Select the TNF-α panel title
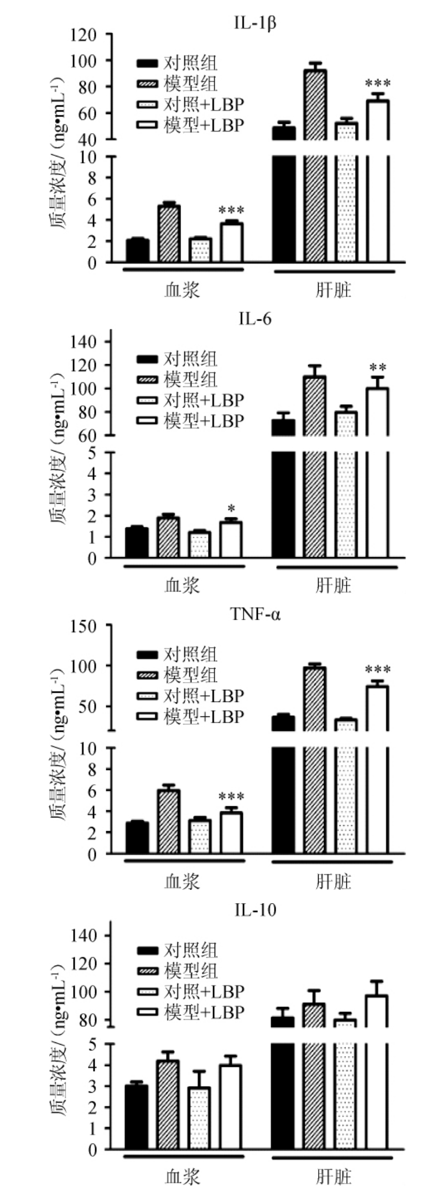point(255,614)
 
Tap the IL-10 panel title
point(254,909)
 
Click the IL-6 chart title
point(255,319)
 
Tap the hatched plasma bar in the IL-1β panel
point(169,233)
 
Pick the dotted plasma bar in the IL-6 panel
point(200,544)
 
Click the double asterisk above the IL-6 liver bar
point(378,368)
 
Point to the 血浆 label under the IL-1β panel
point(182,290)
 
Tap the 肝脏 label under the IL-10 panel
point(334,1176)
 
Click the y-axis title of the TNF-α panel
point(58,741)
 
